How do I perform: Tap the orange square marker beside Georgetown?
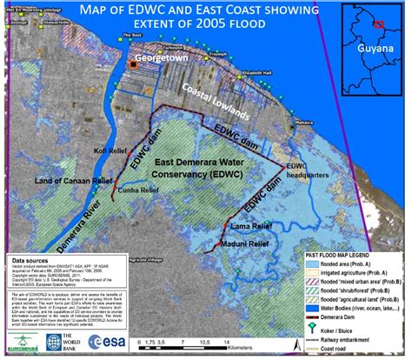[x=133, y=64]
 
